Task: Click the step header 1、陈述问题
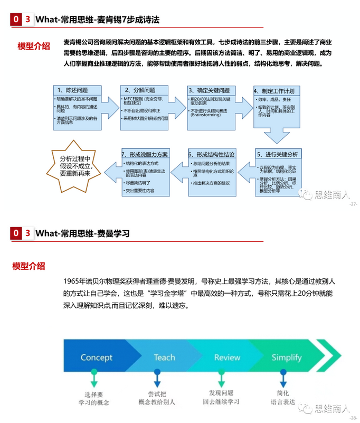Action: pyautogui.click(x=73, y=90)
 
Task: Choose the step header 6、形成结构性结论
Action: pyautogui.click(x=211, y=155)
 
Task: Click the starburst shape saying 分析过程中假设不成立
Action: pyautogui.click(x=74, y=165)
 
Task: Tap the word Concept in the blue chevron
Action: pyautogui.click(x=97, y=358)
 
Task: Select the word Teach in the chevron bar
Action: pyautogui.click(x=164, y=358)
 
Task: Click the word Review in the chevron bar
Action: pyautogui.click(x=227, y=358)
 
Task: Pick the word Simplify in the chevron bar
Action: pyautogui.click(x=286, y=358)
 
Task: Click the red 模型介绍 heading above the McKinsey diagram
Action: pyautogui.click(x=34, y=45)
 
